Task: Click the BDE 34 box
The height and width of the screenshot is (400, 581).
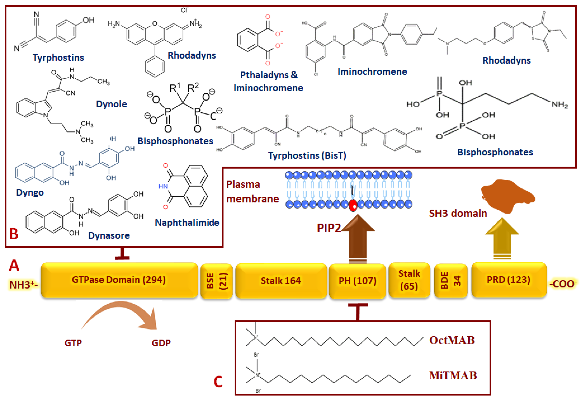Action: [451, 281]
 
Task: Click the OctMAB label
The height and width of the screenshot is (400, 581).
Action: [452, 340]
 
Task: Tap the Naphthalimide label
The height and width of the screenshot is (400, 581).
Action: [187, 222]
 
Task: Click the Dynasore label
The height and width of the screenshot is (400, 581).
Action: [109, 236]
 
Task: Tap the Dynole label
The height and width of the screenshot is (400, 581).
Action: [111, 104]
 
